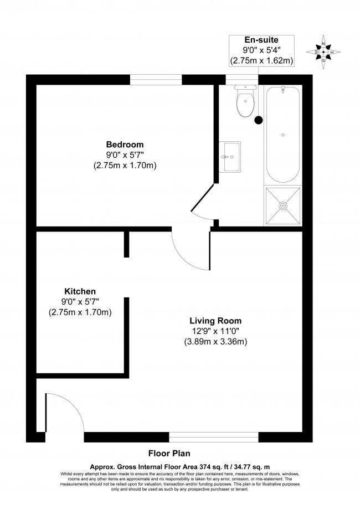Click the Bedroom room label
(125, 145)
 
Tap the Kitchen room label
(80, 291)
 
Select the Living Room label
(215, 321)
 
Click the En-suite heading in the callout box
(261, 40)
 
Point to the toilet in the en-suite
(245, 101)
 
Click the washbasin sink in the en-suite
(229, 156)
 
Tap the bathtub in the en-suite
(283, 135)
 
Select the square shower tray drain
(283, 205)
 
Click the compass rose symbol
(323, 52)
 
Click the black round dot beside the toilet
(259, 120)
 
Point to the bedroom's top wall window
(156, 80)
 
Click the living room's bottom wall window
(214, 437)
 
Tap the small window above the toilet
(242, 80)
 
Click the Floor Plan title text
(169, 453)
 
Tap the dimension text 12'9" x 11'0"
(215, 331)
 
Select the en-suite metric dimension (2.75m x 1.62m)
(261, 60)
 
